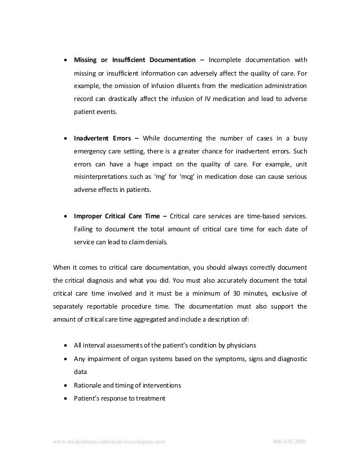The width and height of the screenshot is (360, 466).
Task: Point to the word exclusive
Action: tap(274, 293)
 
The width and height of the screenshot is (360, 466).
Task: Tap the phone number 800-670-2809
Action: tap(289, 440)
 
